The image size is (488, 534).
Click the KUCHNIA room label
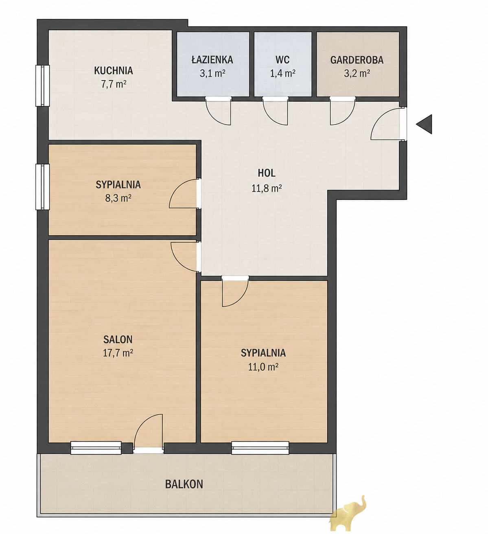pos(114,70)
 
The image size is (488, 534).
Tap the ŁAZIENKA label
pos(212,59)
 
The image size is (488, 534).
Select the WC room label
pos(282,60)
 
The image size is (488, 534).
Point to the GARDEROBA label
pos(357,60)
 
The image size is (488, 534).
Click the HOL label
pos(267,173)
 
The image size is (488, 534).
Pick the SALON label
pos(118,339)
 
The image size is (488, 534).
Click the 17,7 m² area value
pos(118,353)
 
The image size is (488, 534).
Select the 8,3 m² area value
pos(118,198)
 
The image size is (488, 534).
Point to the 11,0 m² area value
pos(263,367)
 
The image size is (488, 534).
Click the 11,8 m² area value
pos(267,188)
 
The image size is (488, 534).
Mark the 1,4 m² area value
pos(282,74)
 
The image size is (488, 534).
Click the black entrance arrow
pos(425,124)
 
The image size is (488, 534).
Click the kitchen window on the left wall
pos(43,86)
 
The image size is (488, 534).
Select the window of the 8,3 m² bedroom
pos(43,187)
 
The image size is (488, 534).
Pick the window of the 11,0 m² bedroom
pos(260,448)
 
